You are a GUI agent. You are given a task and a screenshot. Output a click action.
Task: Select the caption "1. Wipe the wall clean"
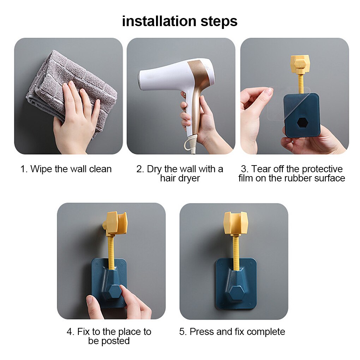click(66, 169)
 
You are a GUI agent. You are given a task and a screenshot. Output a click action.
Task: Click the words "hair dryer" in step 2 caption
click(180, 178)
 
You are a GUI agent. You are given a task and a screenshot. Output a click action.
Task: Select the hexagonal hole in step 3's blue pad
click(302, 123)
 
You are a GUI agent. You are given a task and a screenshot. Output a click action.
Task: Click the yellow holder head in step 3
click(300, 65)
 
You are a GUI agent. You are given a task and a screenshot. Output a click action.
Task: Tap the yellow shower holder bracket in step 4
click(115, 223)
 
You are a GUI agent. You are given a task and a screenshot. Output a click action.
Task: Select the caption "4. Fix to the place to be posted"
click(109, 336)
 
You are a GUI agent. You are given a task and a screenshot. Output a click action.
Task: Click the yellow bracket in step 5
click(235, 223)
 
